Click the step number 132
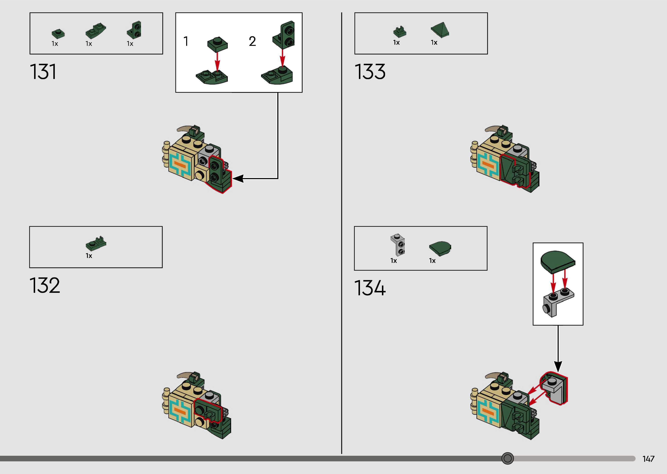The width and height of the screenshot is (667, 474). tap(45, 285)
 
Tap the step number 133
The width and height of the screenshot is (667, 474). tap(370, 72)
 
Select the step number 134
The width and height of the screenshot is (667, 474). tap(370, 288)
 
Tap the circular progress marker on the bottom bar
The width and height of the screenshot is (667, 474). tap(508, 458)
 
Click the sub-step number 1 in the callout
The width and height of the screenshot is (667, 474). tap(186, 41)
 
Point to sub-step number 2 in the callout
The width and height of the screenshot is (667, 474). tap(252, 41)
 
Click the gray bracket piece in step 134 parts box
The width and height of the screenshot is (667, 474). tap(398, 245)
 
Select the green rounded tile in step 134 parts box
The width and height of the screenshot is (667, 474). tap(440, 248)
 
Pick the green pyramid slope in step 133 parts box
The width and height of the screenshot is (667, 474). tap(440, 30)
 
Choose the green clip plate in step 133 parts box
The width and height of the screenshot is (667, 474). tap(399, 32)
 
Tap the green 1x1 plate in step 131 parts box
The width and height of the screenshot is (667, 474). tap(58, 34)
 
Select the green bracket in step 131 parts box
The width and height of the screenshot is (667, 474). tap(134, 30)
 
